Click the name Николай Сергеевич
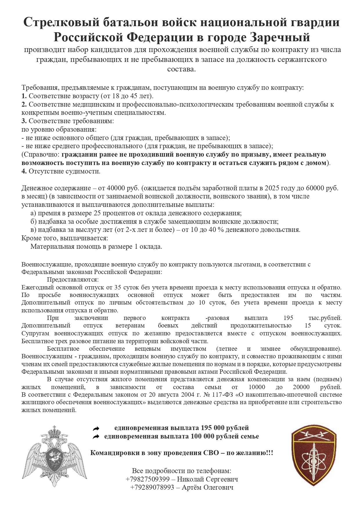208,479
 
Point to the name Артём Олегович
208,487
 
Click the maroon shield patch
314,455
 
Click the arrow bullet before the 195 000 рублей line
96,428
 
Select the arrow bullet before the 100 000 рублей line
96,436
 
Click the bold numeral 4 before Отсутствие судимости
24,171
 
